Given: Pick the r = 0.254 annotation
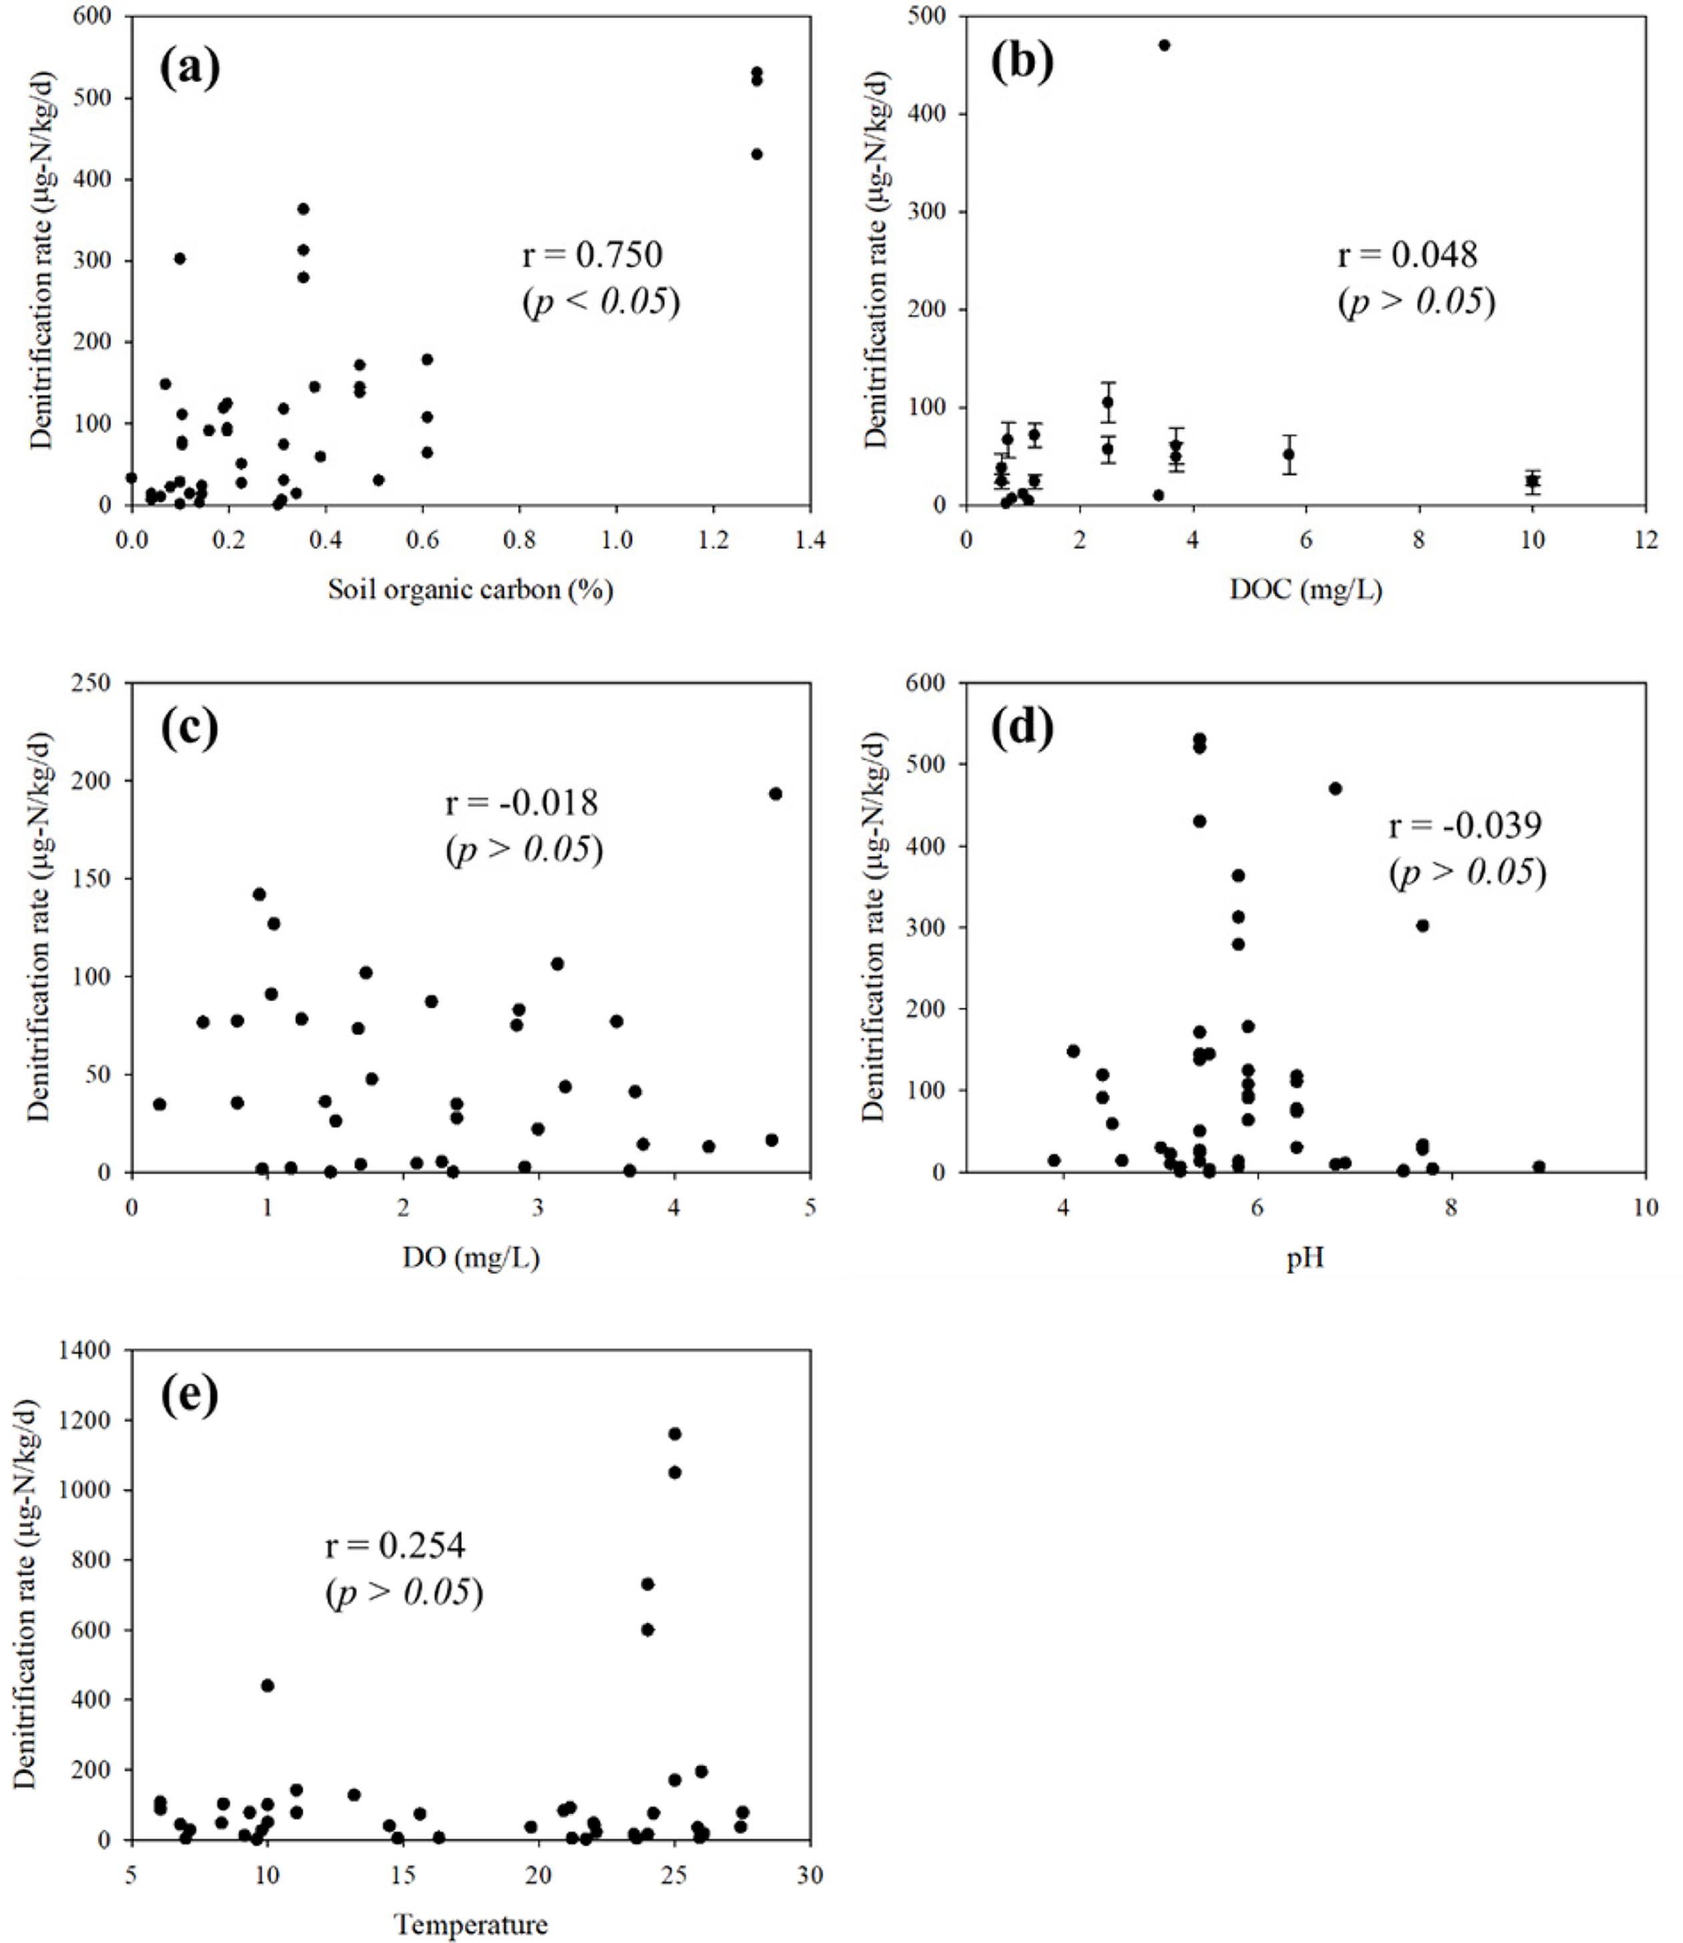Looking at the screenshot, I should [395, 1545].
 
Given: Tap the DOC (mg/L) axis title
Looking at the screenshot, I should [1306, 590].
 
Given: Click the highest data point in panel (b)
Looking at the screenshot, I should [1165, 45].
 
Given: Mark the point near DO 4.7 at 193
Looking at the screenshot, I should [776, 793].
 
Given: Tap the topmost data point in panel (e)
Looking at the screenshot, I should [675, 1434].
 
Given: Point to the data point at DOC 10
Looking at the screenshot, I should [1532, 481].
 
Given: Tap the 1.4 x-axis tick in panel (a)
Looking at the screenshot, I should [809, 541].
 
